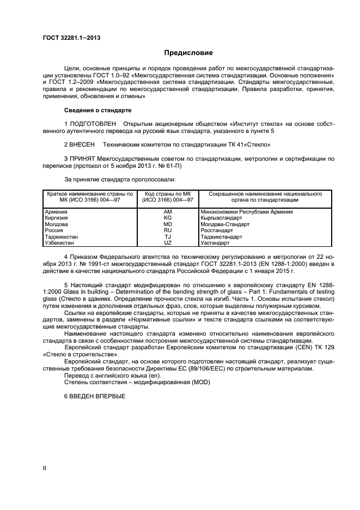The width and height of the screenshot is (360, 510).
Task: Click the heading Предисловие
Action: click(188, 53)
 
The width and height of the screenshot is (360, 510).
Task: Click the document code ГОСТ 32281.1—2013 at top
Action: click(71, 38)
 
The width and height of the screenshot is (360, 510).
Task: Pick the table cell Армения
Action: click(57, 211)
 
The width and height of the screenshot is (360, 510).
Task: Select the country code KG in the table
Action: click(168, 217)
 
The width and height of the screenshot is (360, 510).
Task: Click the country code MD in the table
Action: click(168, 223)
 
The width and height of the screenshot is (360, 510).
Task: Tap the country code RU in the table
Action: click(168, 230)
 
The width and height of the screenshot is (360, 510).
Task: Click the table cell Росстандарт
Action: click(216, 230)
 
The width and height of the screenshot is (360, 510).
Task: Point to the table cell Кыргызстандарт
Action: click(221, 217)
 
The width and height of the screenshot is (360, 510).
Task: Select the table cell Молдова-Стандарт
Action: click(225, 223)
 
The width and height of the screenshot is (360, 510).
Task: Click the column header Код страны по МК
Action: click(168, 193)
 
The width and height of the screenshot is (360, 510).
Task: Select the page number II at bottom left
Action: click(45, 468)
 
